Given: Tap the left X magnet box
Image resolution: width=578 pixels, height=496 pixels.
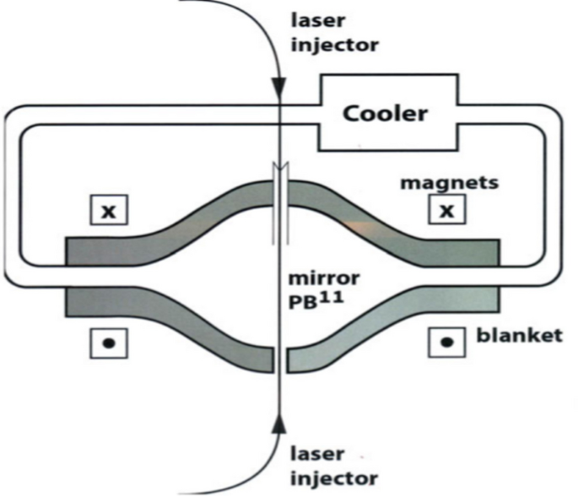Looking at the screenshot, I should click(108, 210).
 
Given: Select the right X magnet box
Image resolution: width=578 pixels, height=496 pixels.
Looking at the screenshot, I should click(446, 210).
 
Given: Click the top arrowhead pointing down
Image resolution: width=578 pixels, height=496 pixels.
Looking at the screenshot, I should click(278, 87).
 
